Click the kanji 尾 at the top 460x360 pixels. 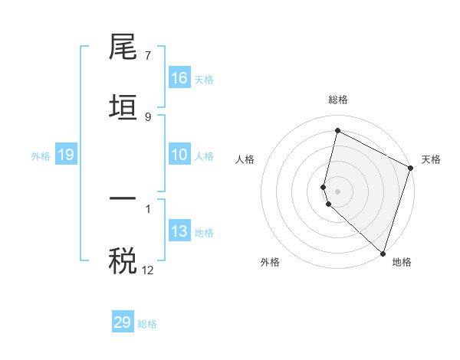point(123,47)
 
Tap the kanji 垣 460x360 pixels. point(123,107)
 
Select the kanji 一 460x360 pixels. point(123,198)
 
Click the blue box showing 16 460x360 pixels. point(179,78)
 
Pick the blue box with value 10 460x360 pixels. point(179,155)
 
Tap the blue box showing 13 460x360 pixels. point(179,231)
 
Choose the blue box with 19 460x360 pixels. point(65,155)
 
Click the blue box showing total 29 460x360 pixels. point(123,322)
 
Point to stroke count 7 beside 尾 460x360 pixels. point(147,56)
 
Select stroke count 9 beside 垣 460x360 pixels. point(147,116)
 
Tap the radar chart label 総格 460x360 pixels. point(338,100)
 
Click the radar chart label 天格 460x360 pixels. point(431,159)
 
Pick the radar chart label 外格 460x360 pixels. point(270,263)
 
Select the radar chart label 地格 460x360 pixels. point(402,263)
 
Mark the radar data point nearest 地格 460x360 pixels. point(383,252)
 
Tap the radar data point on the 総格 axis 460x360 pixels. point(337,131)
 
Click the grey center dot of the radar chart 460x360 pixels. point(337,190)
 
